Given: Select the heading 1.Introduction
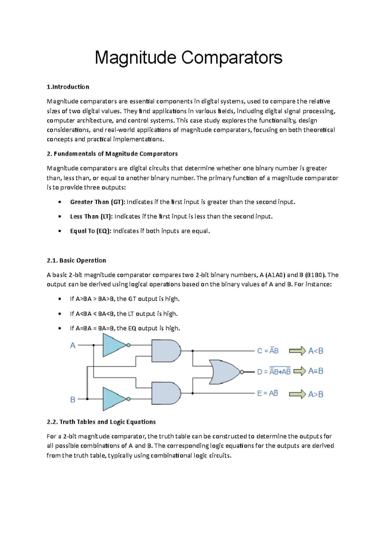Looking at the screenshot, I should pyautogui.click(x=68, y=87).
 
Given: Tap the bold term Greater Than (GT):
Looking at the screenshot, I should pyautogui.click(x=97, y=202).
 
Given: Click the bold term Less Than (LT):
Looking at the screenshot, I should pyautogui.click(x=91, y=216).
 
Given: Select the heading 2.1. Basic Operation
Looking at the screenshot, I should pyautogui.click(x=76, y=260).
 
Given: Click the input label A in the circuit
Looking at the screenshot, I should pyautogui.click(x=73, y=345).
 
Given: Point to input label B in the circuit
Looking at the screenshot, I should pyautogui.click(x=73, y=400).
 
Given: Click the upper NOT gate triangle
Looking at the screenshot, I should pyautogui.click(x=113, y=345).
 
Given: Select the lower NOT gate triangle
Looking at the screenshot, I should pyautogui.click(x=113, y=399).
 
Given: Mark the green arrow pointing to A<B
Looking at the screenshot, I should pyautogui.click(x=297, y=351).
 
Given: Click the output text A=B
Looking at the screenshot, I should pyautogui.click(x=315, y=371).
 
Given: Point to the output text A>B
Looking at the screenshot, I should pyautogui.click(x=315, y=394).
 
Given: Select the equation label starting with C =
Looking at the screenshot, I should pyautogui.click(x=268, y=351).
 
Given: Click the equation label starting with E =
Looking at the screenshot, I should pyautogui.click(x=267, y=393).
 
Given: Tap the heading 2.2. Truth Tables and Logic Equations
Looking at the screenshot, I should pyautogui.click(x=101, y=422).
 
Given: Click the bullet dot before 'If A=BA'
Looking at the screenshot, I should pyautogui.click(x=60, y=328).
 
